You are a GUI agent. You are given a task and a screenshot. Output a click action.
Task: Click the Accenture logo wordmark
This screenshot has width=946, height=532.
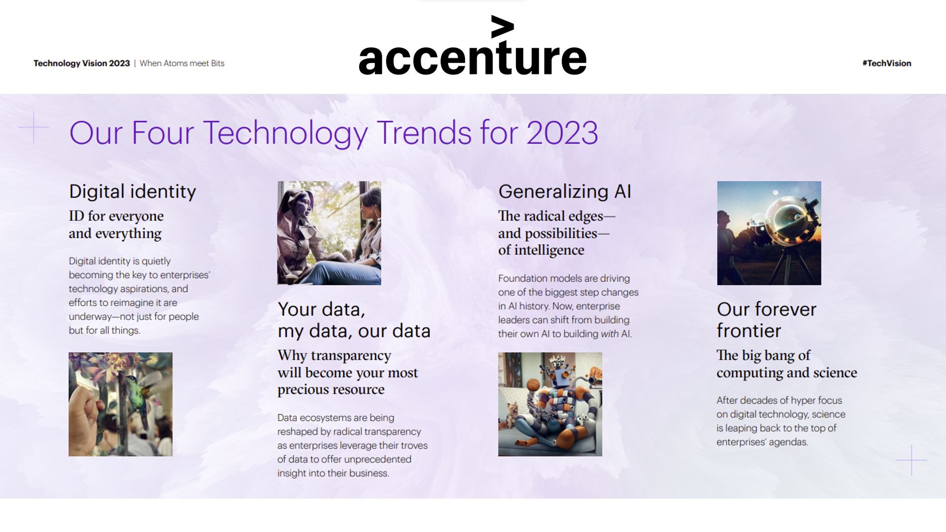472,58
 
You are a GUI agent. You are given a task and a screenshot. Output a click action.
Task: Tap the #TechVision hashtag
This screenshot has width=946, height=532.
886,63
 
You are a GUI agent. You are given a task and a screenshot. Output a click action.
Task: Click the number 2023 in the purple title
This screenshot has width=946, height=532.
562,133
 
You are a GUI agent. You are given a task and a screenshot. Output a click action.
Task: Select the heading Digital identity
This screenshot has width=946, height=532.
132,191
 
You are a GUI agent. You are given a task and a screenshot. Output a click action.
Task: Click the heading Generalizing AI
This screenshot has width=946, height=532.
564,191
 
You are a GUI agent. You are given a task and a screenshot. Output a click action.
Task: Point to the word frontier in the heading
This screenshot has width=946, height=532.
748,331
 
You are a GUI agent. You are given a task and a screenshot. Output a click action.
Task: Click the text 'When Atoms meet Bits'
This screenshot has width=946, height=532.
182,63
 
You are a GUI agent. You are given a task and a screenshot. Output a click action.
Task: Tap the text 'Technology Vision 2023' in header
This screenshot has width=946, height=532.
81,63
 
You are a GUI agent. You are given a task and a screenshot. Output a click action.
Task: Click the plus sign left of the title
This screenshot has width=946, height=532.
34,127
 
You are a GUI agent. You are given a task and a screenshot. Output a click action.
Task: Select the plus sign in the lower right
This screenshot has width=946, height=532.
911,460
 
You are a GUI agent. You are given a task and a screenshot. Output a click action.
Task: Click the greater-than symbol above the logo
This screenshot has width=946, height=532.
502,27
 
